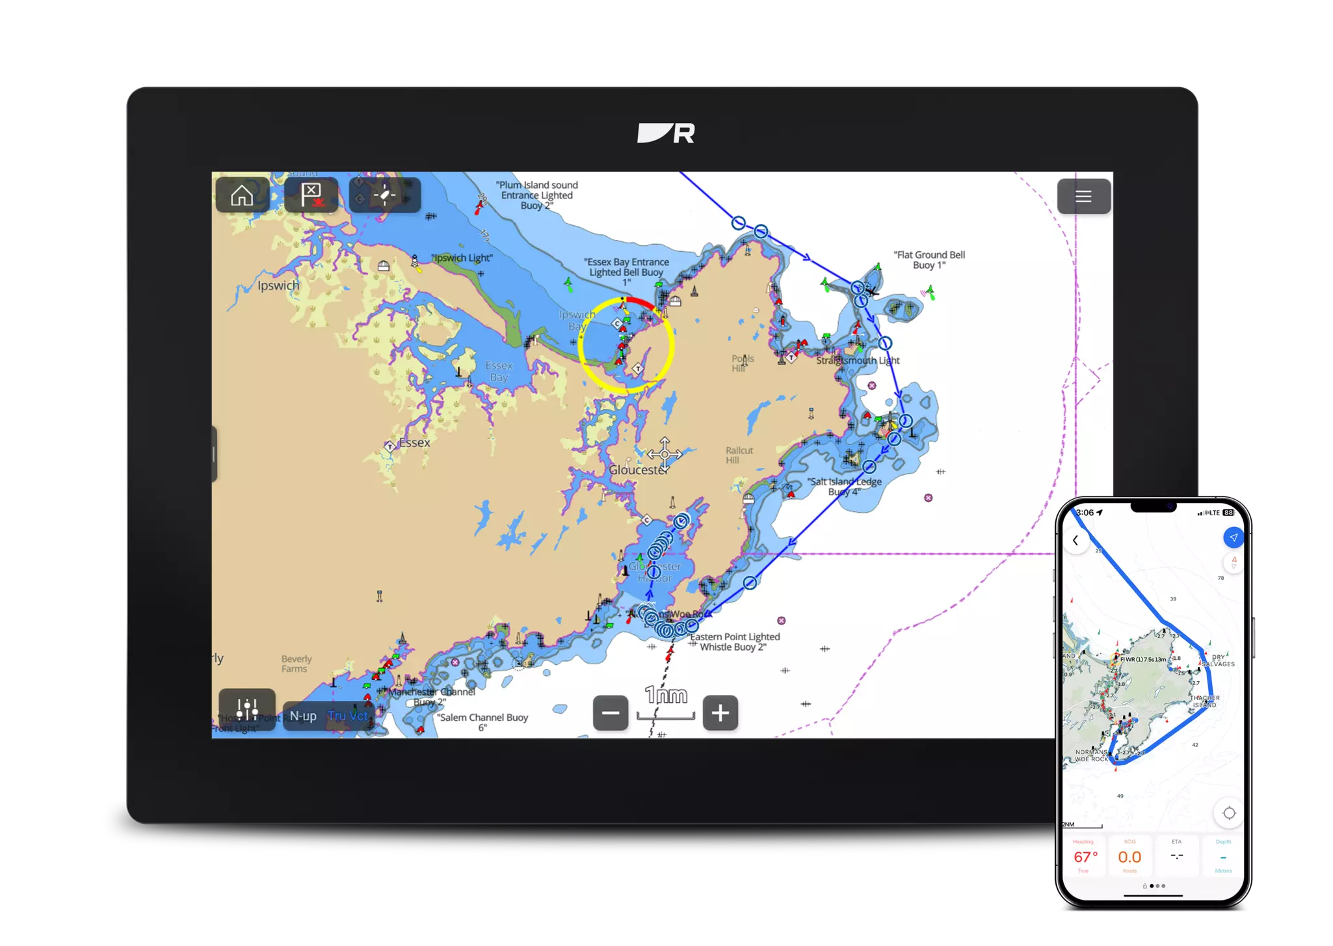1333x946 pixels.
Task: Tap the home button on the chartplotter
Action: click(242, 195)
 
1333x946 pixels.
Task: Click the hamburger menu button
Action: click(1083, 196)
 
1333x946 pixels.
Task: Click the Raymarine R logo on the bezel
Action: click(666, 133)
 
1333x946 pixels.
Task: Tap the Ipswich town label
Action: click(278, 286)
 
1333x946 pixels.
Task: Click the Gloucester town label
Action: click(638, 470)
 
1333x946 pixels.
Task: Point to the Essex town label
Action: click(414, 443)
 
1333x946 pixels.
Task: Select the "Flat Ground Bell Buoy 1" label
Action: click(929, 260)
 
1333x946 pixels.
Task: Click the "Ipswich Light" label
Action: click(462, 258)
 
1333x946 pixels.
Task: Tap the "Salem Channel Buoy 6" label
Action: click(482, 722)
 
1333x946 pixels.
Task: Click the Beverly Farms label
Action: click(297, 664)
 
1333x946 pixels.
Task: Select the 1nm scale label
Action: click(666, 695)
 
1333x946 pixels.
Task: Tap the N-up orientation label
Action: click(303, 716)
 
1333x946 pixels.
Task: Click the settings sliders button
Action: click(247, 709)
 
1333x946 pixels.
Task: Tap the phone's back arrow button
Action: click(1076, 540)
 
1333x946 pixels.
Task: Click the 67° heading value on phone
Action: click(1085, 857)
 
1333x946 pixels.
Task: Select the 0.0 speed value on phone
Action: click(1129, 857)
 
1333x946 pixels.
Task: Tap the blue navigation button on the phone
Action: click(1233, 537)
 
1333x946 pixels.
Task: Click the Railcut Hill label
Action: click(739, 455)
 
